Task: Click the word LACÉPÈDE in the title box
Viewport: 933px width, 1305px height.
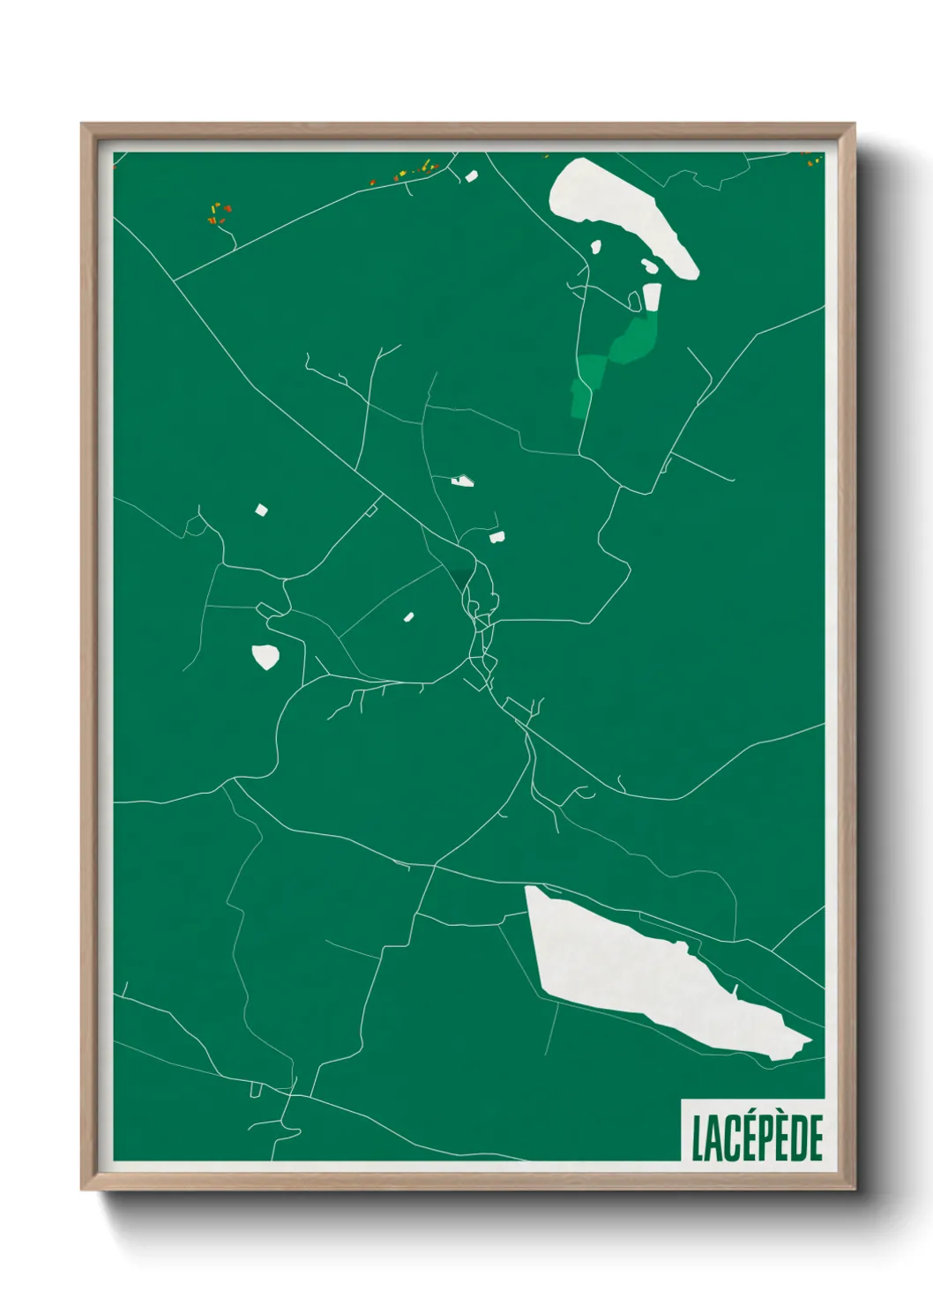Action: coord(757,1138)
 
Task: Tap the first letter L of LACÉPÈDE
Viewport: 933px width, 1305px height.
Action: coord(697,1139)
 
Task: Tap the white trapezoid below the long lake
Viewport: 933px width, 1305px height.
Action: coord(652,297)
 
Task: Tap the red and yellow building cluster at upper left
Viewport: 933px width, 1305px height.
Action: coord(218,213)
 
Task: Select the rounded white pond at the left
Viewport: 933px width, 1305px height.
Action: coord(265,657)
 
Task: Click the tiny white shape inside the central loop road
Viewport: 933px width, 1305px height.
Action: coord(408,617)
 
